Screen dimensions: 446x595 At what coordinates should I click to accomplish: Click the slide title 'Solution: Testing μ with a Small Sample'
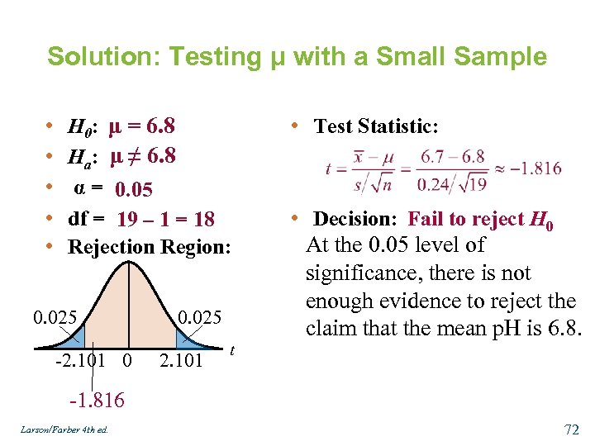tap(297, 57)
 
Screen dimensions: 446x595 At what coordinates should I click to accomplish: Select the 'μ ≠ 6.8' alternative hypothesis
tap(143, 156)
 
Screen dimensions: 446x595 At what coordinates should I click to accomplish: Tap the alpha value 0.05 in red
tap(134, 190)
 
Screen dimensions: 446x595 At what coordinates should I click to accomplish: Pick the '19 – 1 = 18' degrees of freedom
tap(166, 219)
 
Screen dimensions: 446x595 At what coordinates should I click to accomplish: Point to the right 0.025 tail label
tap(199, 317)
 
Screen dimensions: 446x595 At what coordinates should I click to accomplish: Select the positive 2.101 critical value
tap(180, 359)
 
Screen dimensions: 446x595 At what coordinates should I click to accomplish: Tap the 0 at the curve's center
tap(126, 359)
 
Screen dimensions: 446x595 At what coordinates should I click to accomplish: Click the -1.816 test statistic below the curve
tap(97, 401)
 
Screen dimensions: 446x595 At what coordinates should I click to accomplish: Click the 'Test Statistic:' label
tap(376, 126)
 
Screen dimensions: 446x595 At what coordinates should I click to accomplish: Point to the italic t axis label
tap(232, 350)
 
